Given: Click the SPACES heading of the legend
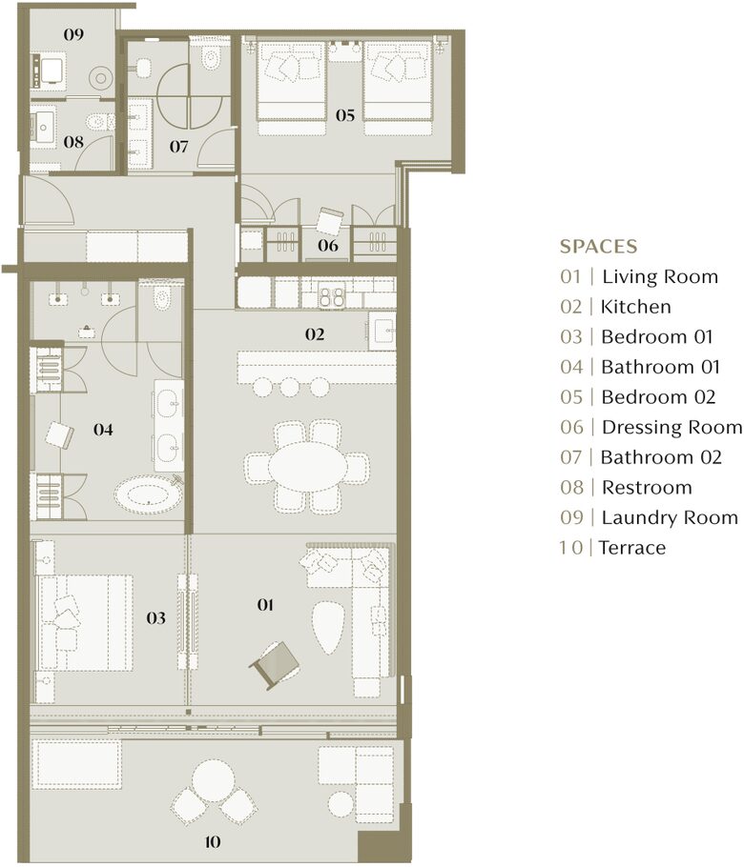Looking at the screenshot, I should pos(598,247).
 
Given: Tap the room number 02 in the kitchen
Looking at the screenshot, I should pos(315,334).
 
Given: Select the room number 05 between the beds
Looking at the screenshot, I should pos(344,115).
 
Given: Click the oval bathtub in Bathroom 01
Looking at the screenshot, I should pos(147,495).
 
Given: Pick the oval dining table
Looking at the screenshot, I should pos(307,469).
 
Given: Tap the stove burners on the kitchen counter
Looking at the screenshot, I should pos(331,297).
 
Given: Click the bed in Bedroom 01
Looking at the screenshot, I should pos(84,621).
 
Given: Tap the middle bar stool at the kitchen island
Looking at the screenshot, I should pos(289,386).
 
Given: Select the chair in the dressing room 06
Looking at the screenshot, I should pos(329,220).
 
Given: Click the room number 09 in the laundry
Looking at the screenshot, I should pos(73,34).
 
